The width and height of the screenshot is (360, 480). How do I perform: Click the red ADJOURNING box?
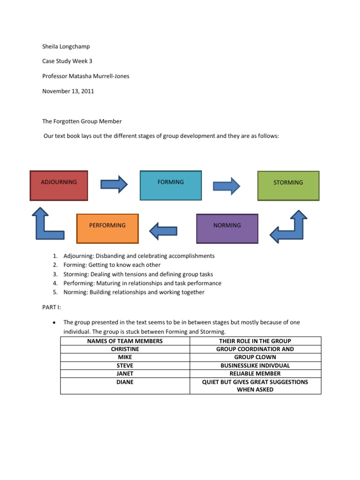point(59,186)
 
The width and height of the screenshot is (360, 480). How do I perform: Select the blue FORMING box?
point(171,186)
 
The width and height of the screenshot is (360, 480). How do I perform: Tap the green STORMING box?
point(288,186)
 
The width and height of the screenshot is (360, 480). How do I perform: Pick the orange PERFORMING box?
point(107,229)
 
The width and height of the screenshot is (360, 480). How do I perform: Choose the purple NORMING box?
point(227,229)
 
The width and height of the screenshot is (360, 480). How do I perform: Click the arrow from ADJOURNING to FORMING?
point(114,184)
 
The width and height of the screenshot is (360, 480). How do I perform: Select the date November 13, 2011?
point(68,91)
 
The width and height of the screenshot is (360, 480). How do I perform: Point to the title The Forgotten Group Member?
point(82,121)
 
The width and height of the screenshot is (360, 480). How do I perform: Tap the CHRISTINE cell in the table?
point(125,349)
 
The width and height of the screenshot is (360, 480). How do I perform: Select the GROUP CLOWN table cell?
point(255,357)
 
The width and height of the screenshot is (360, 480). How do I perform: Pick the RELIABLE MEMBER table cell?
point(255,374)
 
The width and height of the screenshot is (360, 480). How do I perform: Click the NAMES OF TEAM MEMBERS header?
point(125,341)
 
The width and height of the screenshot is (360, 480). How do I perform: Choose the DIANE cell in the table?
point(125,382)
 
